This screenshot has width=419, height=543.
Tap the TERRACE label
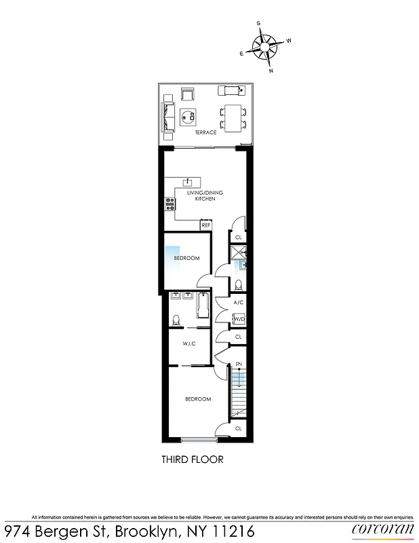[205, 132]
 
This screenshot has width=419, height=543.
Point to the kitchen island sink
[189, 181]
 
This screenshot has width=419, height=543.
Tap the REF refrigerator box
[205, 225]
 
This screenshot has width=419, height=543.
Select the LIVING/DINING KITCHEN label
[205, 196]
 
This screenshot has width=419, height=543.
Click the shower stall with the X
[238, 254]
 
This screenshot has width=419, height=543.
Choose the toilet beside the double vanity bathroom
[175, 319]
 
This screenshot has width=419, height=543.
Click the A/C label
[238, 303]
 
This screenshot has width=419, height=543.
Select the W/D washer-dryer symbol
[239, 319]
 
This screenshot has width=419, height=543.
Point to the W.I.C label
[189, 344]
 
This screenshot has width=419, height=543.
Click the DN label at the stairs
[239, 364]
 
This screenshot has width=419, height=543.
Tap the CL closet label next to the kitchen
[238, 238]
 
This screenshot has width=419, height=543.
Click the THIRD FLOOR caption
[192, 460]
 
